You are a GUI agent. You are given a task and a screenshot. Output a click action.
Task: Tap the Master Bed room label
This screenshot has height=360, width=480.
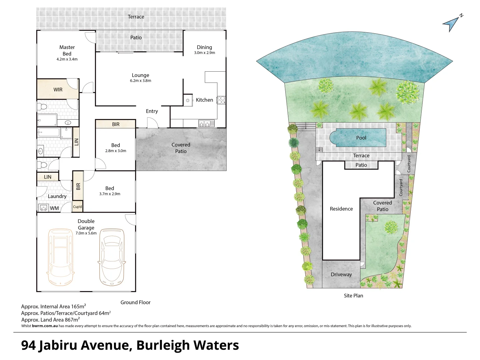67,50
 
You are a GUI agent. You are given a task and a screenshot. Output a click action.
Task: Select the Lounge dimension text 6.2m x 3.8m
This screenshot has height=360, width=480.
140,81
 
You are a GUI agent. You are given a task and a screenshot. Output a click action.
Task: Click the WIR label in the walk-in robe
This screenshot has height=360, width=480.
58,90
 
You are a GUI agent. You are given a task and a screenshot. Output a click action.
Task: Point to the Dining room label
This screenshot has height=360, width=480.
204,47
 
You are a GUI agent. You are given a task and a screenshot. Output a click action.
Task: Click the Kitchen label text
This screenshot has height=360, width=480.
204,100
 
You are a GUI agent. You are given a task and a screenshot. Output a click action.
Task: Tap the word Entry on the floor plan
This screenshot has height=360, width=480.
152,111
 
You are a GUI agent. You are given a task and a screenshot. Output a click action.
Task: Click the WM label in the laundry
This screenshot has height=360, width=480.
54,208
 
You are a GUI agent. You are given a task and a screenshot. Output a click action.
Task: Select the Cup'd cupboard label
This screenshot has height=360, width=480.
77,207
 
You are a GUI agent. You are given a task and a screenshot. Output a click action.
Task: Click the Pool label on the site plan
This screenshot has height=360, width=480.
361,138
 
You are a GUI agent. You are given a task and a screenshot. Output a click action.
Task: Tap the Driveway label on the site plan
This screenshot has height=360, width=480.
341,275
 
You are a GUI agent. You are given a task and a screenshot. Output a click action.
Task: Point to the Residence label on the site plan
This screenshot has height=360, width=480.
341,209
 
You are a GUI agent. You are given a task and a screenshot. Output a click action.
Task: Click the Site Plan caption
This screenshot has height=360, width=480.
353,296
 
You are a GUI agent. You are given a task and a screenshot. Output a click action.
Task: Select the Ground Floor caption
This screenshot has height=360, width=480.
135,302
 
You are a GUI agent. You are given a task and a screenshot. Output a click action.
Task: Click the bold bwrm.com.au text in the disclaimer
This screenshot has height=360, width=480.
45,326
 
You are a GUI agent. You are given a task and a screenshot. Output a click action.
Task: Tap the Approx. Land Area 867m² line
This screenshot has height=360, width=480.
50,320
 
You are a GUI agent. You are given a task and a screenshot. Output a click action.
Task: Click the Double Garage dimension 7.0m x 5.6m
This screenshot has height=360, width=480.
86,233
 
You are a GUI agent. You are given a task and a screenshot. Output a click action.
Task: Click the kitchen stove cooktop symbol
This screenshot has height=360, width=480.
221,100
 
